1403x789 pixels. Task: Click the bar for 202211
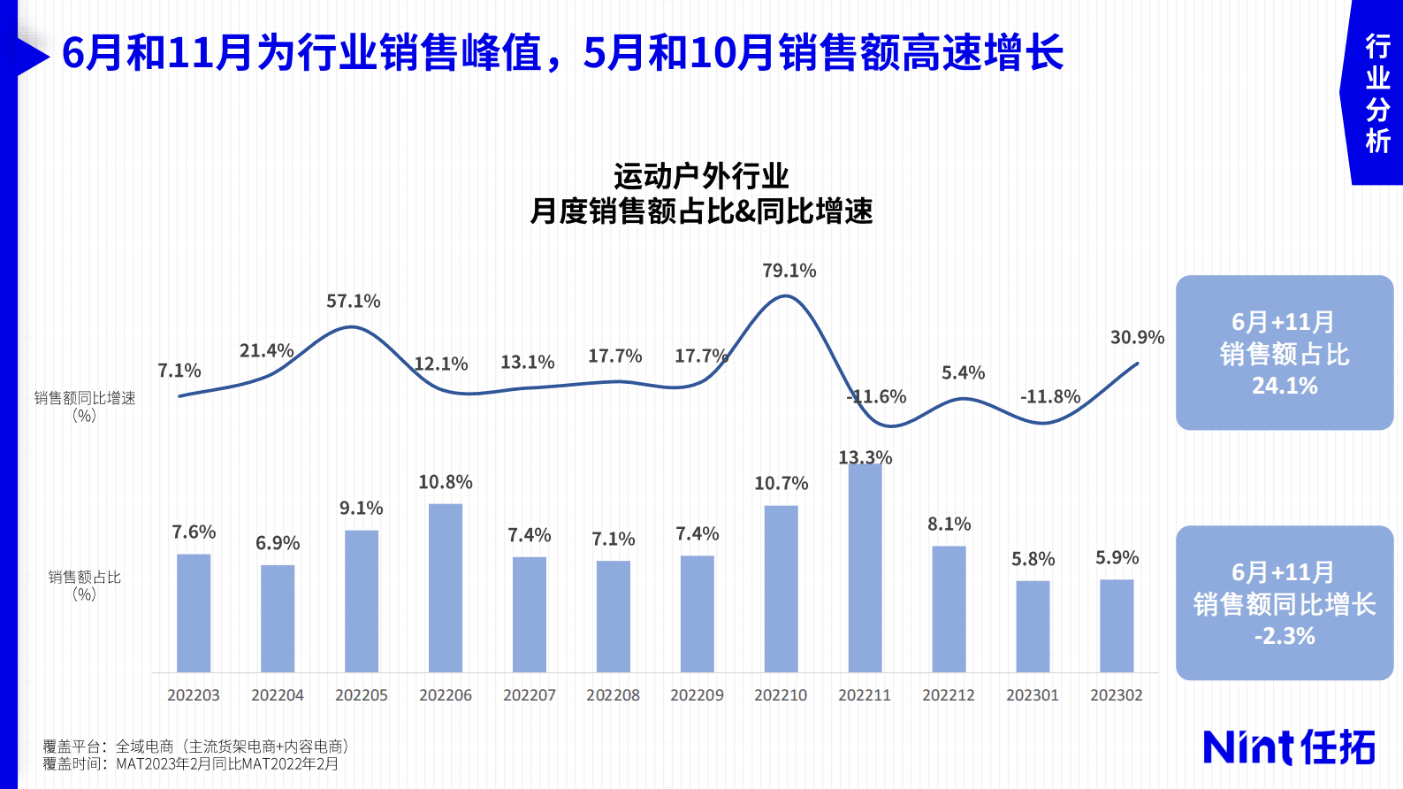[x=865, y=567]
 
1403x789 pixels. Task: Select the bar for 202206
[x=446, y=587]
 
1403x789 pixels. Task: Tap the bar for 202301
[x=1033, y=626]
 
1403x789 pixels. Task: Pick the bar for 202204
[x=278, y=618]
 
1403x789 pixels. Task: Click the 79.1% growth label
[x=789, y=271]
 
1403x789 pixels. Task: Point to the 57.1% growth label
[x=354, y=302]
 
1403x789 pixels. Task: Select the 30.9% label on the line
[x=1137, y=338]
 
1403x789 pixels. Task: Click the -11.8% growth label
[x=1050, y=397]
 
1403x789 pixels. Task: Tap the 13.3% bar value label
[x=865, y=457]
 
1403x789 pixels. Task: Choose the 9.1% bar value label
[x=362, y=509]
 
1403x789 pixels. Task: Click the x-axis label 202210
[x=781, y=695]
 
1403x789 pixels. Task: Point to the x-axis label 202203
[x=194, y=695]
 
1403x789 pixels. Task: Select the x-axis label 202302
[x=1117, y=695]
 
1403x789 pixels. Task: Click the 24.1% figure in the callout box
[x=1285, y=386]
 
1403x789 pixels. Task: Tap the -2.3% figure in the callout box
[x=1285, y=636]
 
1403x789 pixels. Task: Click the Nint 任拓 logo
[x=1289, y=747]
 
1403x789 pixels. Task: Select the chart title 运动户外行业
[x=701, y=176]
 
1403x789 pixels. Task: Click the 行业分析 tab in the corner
[x=1377, y=93]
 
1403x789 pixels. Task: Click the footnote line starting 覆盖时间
[x=191, y=764]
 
